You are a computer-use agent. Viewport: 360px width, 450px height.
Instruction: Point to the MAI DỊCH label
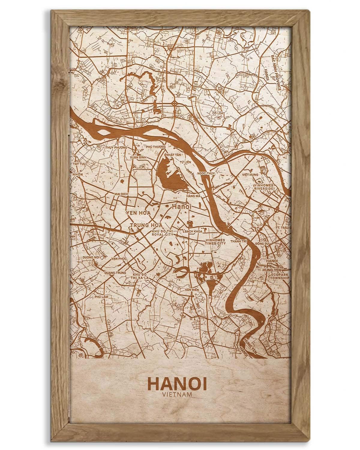[121, 194]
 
